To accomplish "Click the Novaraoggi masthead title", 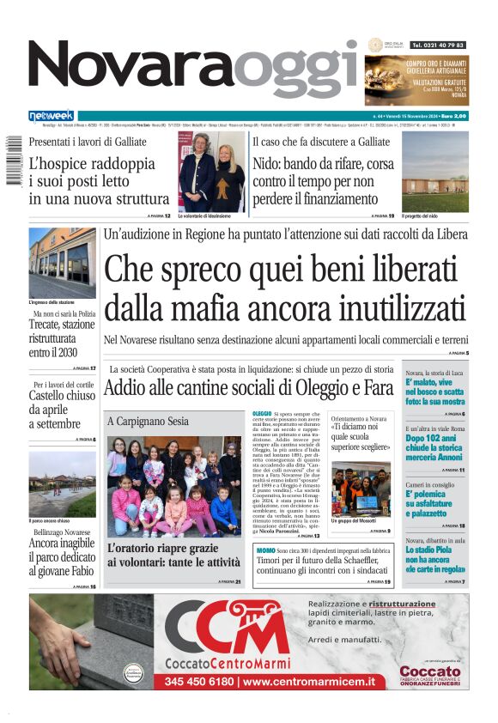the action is coord(193,69).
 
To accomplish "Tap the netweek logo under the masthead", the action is coord(51,116).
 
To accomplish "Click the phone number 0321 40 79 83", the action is coord(438,45).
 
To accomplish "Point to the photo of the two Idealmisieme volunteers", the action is coord(211,171).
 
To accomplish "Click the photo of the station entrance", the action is coord(62,262).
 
